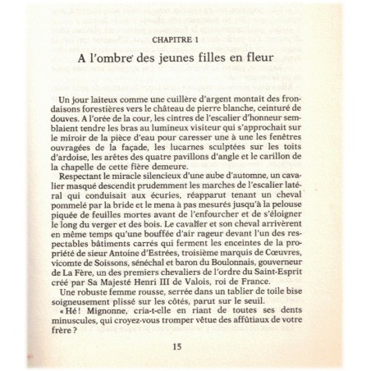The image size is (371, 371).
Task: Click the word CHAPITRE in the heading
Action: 169,39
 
